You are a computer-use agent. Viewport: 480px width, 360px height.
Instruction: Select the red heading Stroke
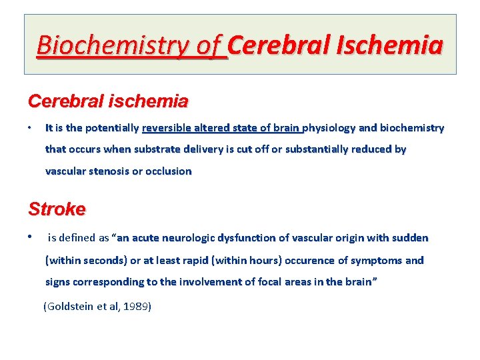coord(57,209)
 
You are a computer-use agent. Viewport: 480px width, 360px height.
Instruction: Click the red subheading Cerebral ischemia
coord(108,102)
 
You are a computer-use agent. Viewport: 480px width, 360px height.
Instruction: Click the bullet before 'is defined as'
coord(30,237)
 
